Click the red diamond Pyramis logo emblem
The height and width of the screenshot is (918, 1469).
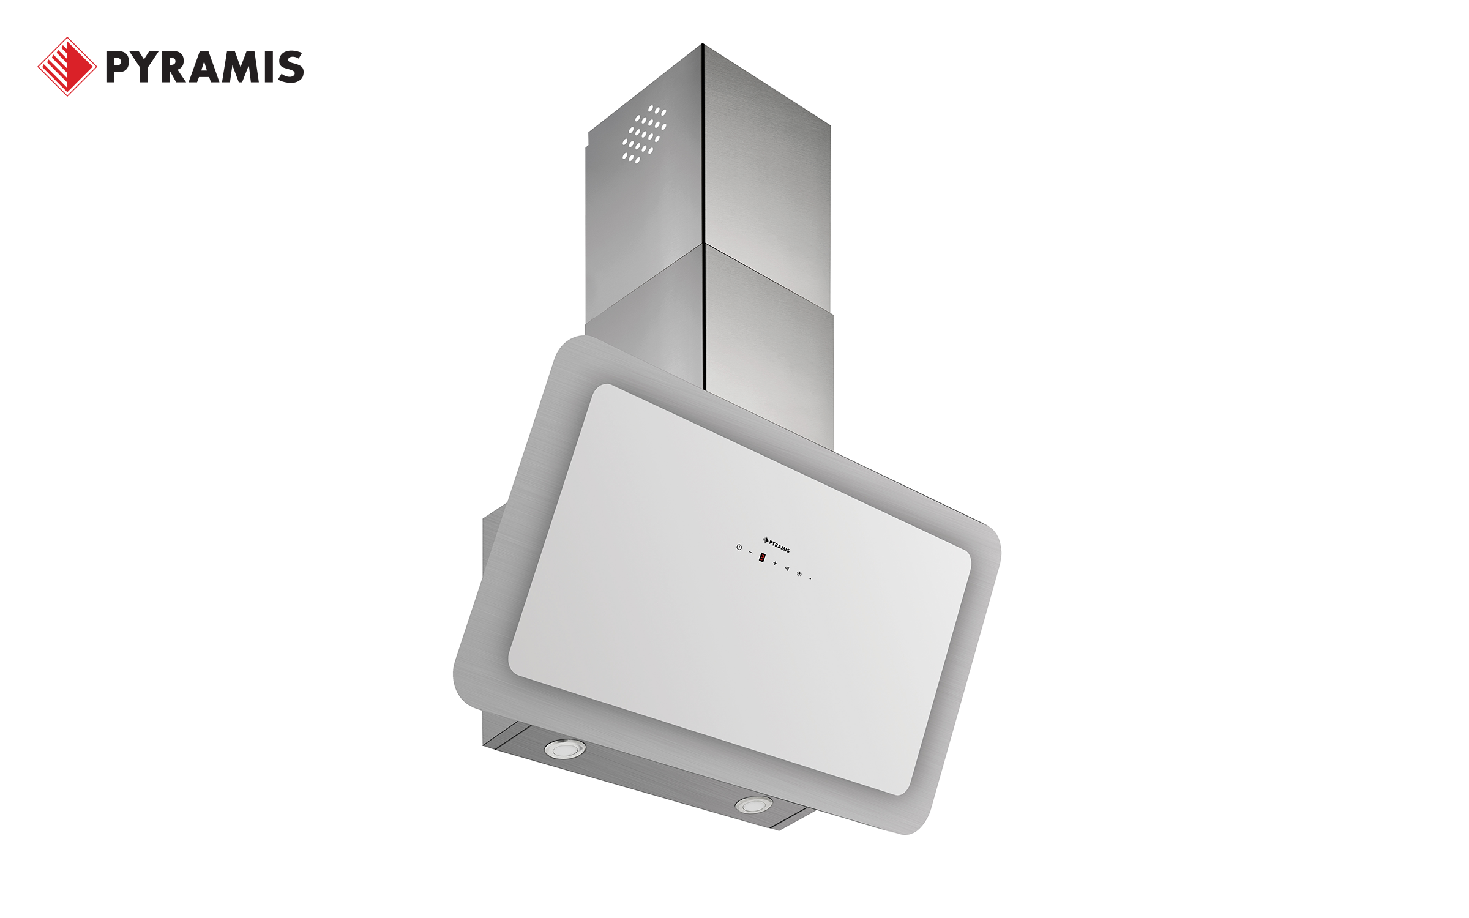pyautogui.click(x=67, y=67)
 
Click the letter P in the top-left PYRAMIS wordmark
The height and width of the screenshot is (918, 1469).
pyautogui.click(x=119, y=67)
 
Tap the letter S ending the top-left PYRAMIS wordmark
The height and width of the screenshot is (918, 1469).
pyautogui.click(x=291, y=67)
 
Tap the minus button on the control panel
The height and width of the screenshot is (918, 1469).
pyautogui.click(x=751, y=553)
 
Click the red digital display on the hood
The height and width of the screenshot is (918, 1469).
pyautogui.click(x=762, y=558)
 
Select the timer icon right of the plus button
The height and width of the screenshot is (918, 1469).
pyautogui.click(x=787, y=569)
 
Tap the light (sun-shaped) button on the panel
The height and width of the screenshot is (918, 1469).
pyautogui.click(x=799, y=573)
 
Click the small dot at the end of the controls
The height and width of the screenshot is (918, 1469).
pyautogui.click(x=810, y=578)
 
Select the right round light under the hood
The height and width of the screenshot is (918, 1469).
pyautogui.click(x=754, y=805)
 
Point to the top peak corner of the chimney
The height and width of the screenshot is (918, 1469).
pyautogui.click(x=703, y=45)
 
